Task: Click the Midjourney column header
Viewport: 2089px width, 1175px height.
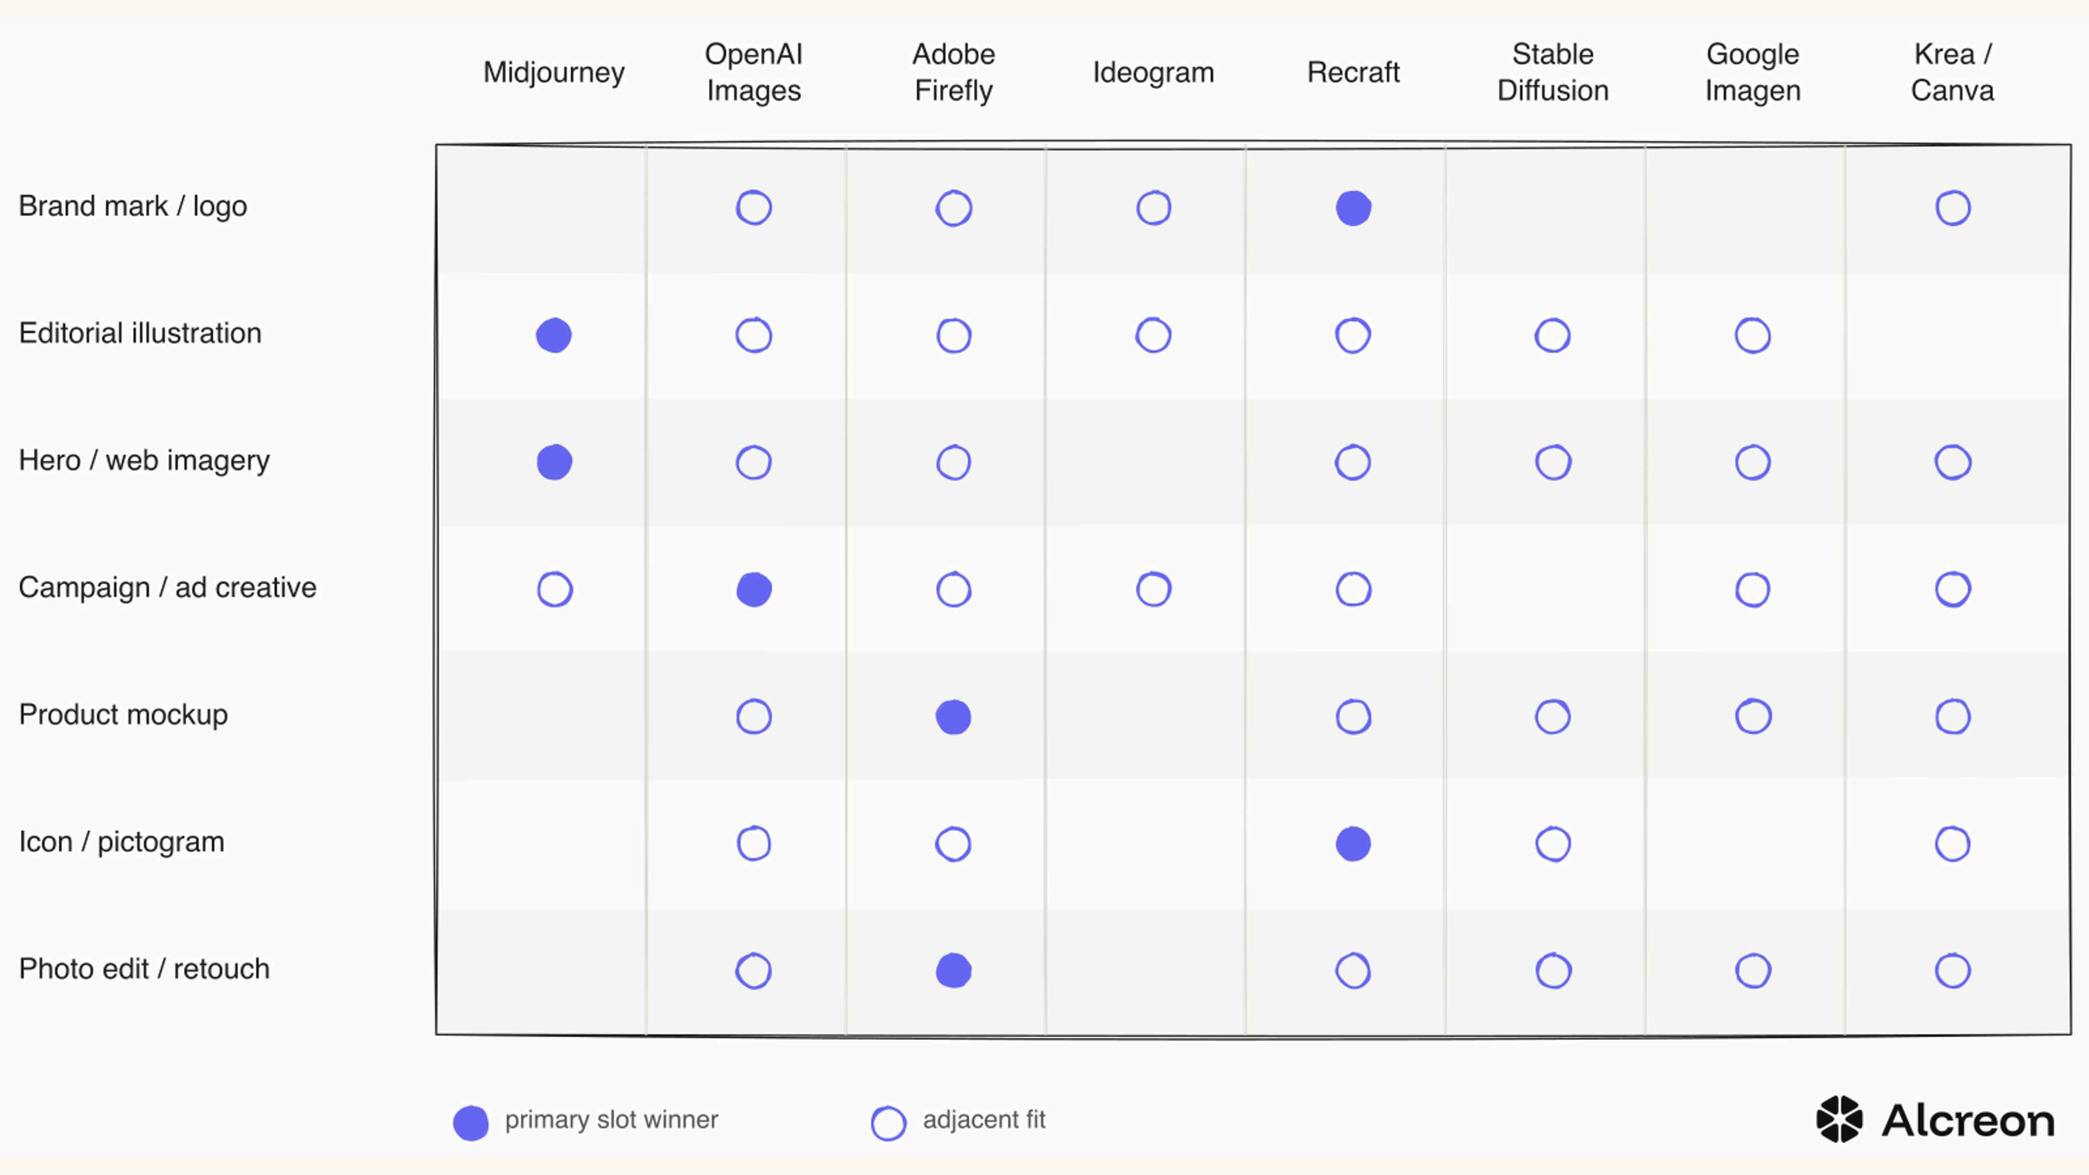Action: coord(554,73)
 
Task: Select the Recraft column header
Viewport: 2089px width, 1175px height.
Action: coord(1352,72)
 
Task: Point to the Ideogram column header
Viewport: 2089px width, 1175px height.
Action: coord(1153,73)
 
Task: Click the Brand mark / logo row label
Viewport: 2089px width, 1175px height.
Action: coord(133,206)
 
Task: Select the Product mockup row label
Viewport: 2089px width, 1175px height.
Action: coord(123,714)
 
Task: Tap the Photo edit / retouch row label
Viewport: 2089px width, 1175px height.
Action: coord(144,968)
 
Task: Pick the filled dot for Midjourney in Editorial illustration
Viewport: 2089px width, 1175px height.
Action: coord(554,335)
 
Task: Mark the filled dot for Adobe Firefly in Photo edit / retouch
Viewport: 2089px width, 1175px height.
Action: coord(954,970)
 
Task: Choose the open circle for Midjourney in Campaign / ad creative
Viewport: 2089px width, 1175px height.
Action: coord(555,572)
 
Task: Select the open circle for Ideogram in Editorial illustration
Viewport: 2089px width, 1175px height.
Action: coord(1153,318)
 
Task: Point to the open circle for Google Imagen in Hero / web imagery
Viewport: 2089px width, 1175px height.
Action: coord(1752,445)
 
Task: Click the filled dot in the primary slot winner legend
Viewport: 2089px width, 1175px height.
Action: coord(471,1123)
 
